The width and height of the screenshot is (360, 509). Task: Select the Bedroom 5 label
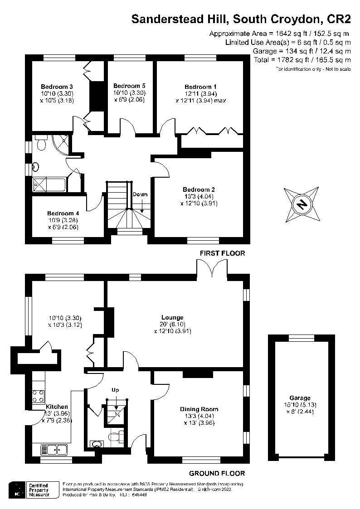129,86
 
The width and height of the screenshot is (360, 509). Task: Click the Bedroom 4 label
63,213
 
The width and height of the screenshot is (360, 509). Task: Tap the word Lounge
172,317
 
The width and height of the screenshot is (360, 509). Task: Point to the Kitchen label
57,407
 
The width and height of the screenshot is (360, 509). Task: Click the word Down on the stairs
140,194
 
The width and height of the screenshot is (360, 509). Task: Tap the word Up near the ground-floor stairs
115,390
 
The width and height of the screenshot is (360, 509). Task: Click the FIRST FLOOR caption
222,253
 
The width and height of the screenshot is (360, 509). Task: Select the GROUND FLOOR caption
217,474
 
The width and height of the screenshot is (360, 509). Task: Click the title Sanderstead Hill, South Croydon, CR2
241,19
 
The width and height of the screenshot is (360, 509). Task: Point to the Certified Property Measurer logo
34,490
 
